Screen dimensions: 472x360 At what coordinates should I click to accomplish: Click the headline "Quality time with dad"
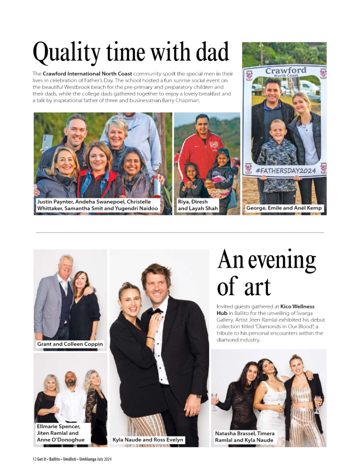(131, 53)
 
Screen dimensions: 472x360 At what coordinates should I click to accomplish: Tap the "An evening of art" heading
(266, 274)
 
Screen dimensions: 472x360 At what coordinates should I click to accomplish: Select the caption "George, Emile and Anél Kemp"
(285, 208)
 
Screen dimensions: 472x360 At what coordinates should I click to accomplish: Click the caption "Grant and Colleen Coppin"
(70, 344)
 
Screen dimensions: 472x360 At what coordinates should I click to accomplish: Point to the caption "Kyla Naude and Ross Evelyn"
(148, 440)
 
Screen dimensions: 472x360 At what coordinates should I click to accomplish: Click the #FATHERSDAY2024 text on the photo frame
(284, 170)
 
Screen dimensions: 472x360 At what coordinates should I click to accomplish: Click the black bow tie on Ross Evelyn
(156, 311)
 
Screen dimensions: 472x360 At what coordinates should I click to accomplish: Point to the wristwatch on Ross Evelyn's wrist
(198, 395)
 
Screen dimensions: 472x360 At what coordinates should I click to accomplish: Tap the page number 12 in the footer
(34, 459)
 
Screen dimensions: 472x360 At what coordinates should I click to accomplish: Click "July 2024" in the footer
(104, 459)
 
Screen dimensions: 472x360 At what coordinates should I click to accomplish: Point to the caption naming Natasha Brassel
(245, 437)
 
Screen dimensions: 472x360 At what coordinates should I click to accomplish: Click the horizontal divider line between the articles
(180, 232)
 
